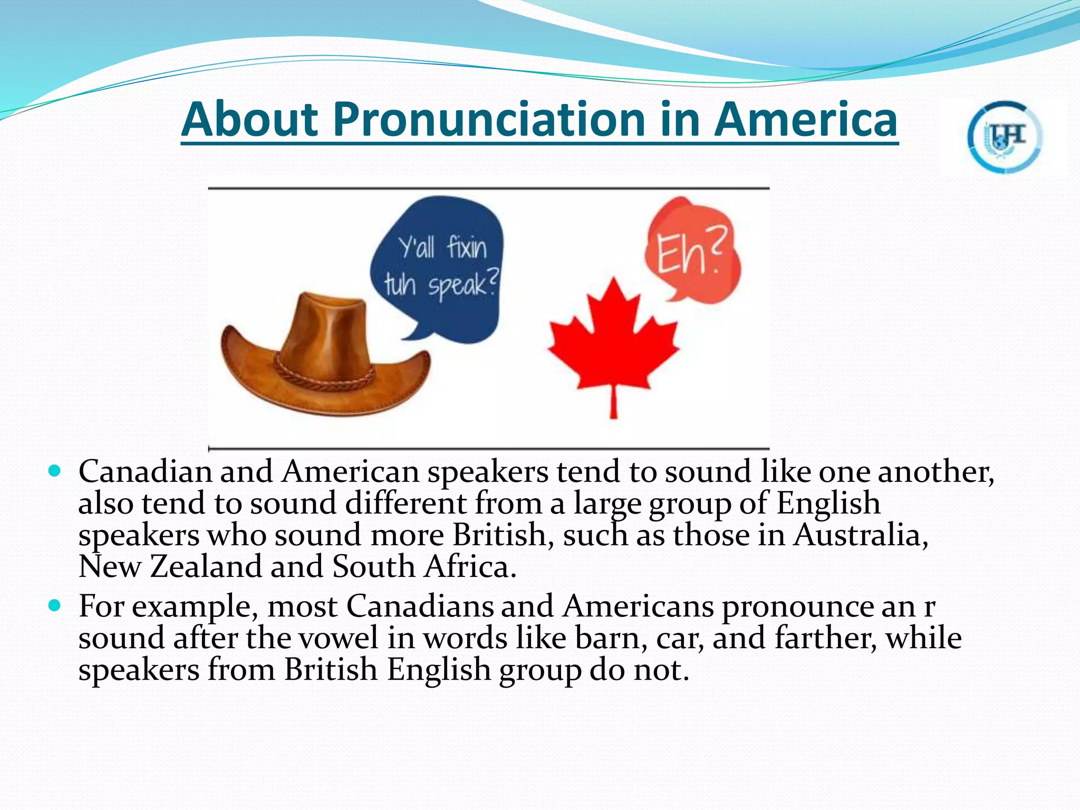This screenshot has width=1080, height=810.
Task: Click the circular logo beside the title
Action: click(x=1004, y=137)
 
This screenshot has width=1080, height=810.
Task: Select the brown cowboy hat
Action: click(x=322, y=359)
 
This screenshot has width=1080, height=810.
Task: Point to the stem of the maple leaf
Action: click(x=613, y=403)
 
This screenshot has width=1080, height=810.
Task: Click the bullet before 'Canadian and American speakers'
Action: click(x=55, y=470)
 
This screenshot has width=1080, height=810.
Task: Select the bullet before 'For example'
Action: click(x=55, y=605)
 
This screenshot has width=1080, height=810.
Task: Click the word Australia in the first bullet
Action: click(x=861, y=535)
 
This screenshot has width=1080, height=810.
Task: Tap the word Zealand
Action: click(x=206, y=566)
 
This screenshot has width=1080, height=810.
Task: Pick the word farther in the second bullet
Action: click(x=826, y=638)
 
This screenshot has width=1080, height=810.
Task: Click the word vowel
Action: click(x=339, y=638)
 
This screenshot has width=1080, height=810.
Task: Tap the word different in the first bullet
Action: click(x=406, y=503)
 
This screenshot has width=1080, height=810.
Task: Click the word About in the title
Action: click(x=250, y=119)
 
